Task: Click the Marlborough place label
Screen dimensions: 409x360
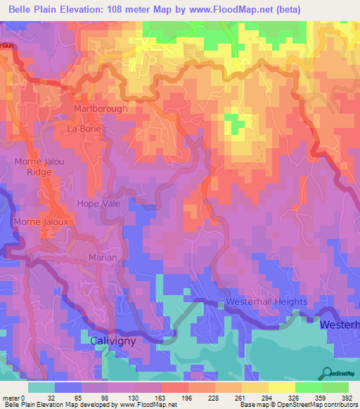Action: pos(101,109)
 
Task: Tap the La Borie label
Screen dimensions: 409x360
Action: pos(84,129)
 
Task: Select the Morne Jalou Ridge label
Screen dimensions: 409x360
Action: pos(39,167)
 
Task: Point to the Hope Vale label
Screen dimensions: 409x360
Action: pos(99,203)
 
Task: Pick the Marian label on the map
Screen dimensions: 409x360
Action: pos(103,258)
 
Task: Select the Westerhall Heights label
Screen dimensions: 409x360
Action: pos(266,302)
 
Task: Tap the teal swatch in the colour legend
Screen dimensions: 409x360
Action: pos(41,387)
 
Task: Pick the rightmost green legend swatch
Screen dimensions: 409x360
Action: pos(335,387)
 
